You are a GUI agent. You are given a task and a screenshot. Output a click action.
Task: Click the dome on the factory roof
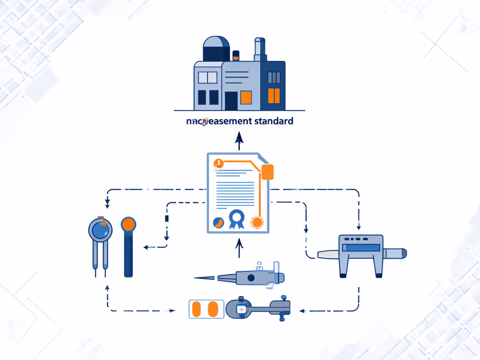(x=216, y=47)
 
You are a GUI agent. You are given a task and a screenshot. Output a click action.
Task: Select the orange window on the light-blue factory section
(x=246, y=97)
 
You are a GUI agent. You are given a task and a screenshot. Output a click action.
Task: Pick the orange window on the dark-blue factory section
(x=274, y=96)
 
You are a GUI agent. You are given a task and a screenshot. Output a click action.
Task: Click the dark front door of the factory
(x=231, y=101)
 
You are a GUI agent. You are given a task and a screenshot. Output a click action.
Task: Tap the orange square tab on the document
(x=267, y=172)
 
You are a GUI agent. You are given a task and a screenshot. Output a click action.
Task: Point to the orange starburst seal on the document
(x=256, y=222)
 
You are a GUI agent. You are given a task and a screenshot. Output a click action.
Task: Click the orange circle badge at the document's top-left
(x=218, y=163)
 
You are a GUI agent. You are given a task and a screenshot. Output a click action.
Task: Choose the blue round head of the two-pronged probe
(x=100, y=230)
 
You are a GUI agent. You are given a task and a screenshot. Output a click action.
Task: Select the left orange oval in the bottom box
(x=197, y=309)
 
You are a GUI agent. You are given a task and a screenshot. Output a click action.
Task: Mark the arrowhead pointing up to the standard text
(x=239, y=136)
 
